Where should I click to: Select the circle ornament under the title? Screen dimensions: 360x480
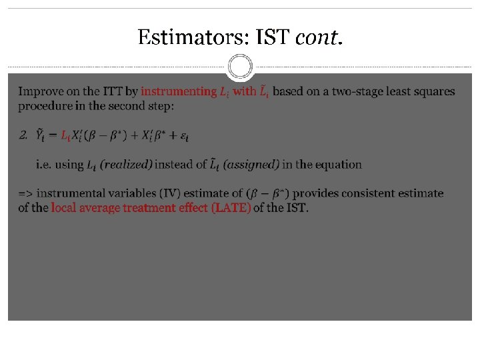pyautogui.click(x=240, y=67)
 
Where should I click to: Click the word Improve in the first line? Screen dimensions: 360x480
pyautogui.click(x=38, y=91)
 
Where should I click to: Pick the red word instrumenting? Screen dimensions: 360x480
pyautogui.click(x=179, y=91)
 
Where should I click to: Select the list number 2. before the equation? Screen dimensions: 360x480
pyautogui.click(x=23, y=136)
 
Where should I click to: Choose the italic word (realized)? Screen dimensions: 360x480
pyautogui.click(x=126, y=164)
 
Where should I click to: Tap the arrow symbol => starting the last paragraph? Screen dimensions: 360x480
pyautogui.click(x=25, y=193)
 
